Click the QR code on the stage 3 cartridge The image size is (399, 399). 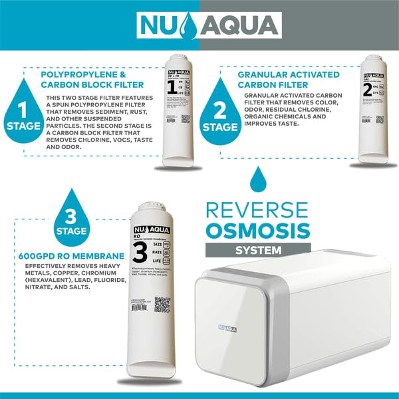coord(162,305)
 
